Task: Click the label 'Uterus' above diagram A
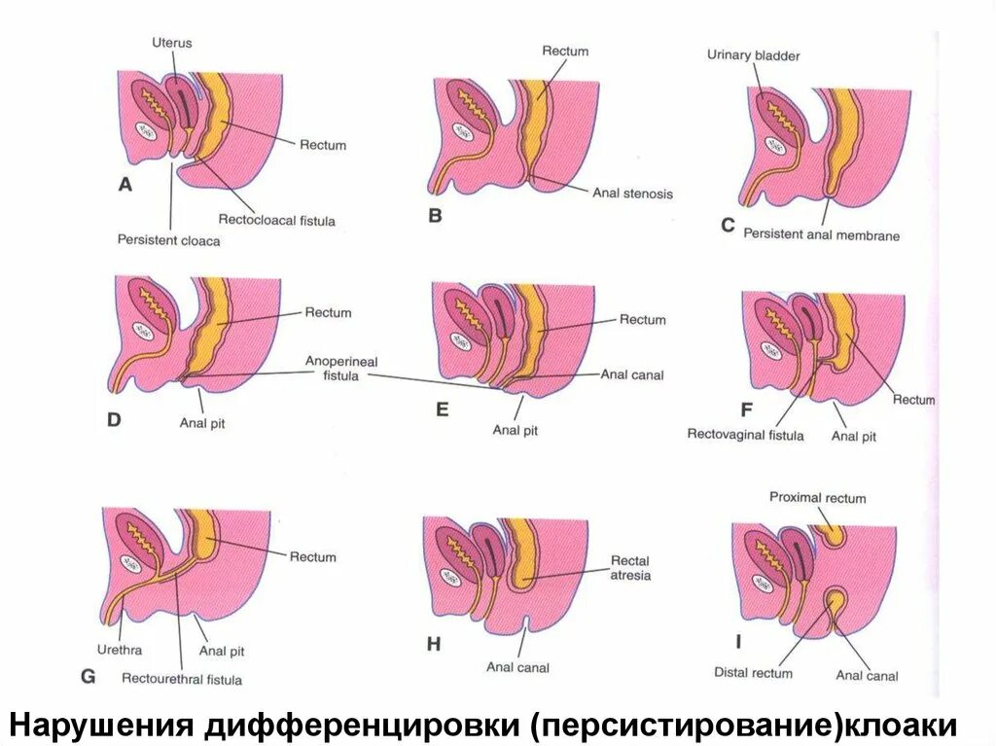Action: click(171, 43)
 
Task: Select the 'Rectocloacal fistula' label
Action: click(277, 221)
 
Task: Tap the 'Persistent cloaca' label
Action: click(169, 240)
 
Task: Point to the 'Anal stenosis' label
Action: click(632, 194)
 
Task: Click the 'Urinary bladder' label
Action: click(754, 56)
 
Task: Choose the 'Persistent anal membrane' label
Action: click(822, 234)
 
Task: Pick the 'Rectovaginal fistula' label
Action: click(746, 435)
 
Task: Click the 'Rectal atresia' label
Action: click(630, 568)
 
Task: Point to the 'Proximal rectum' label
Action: click(817, 498)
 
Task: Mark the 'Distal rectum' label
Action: click(753, 672)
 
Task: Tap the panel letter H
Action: click(433, 643)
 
